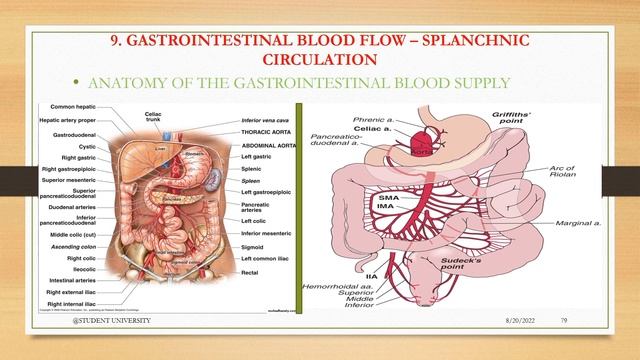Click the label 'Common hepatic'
pos(73,106)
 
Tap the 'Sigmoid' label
pos(254,244)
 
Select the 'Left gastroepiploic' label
pos(266,190)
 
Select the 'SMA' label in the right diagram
pos(389,199)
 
